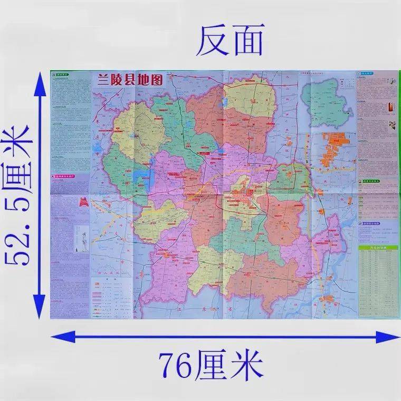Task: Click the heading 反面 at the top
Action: click(229, 42)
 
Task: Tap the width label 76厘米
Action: click(211, 363)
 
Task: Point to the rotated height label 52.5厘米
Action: click(20, 195)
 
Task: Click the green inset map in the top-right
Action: click(325, 100)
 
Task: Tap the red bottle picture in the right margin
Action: click(391, 105)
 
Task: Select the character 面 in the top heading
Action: click(246, 42)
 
